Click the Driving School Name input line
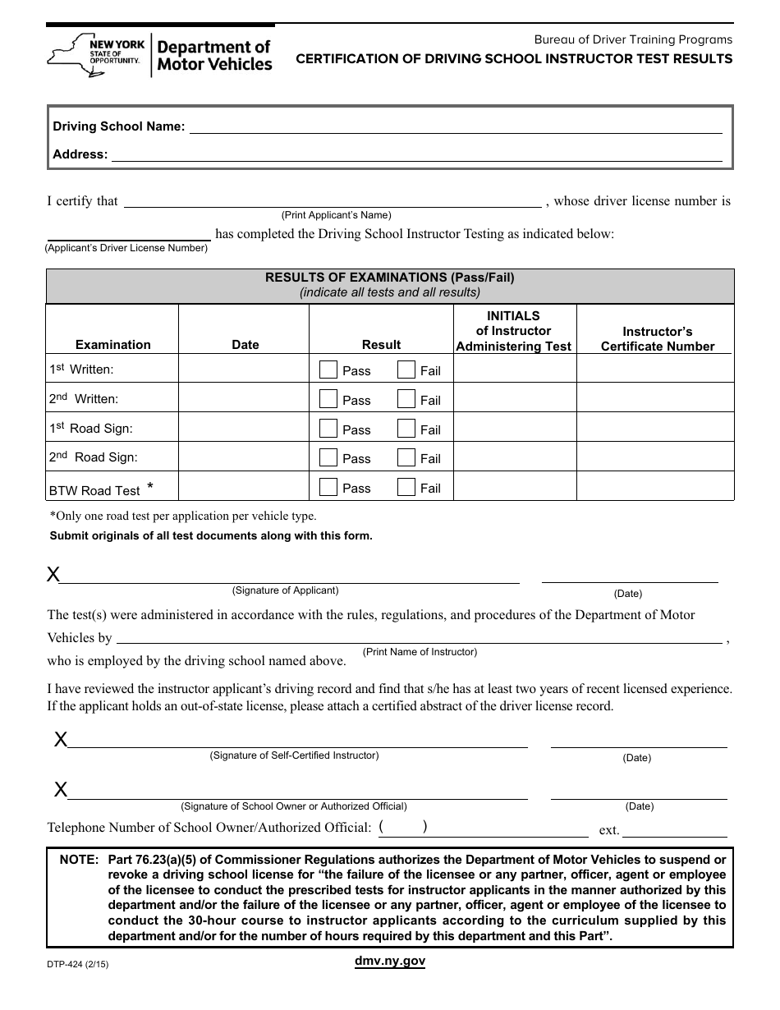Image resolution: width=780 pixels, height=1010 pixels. click(x=456, y=127)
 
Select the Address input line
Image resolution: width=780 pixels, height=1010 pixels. click(x=416, y=154)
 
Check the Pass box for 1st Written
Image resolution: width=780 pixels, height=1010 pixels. click(x=328, y=370)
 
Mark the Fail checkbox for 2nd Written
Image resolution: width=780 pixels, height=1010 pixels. click(x=406, y=399)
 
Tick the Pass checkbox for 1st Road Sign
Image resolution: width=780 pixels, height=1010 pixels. click(x=328, y=429)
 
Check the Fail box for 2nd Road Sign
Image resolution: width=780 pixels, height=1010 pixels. click(x=406, y=457)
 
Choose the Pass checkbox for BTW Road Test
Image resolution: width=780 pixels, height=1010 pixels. click(x=328, y=487)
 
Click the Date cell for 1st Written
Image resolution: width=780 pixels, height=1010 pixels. click(x=244, y=369)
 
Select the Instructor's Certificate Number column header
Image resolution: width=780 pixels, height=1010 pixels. click(x=657, y=338)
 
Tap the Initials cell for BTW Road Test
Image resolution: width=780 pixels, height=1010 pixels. click(x=515, y=486)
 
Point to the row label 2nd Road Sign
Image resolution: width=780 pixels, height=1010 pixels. click(x=93, y=457)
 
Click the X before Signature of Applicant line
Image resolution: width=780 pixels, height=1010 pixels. click(x=53, y=575)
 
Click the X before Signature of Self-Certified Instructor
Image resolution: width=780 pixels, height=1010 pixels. click(x=61, y=740)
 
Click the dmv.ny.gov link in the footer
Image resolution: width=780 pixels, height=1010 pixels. click(x=389, y=961)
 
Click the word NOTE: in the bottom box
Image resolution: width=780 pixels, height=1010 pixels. click(x=79, y=860)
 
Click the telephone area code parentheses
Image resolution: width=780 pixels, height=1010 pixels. click(x=404, y=828)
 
